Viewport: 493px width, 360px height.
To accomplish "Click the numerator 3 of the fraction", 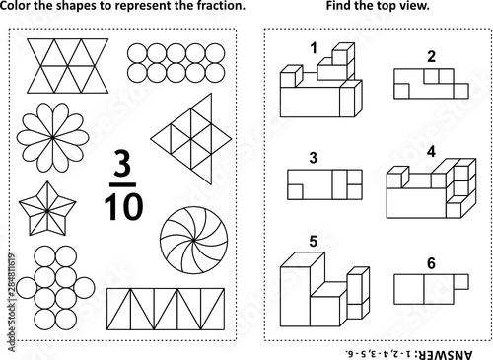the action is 122,163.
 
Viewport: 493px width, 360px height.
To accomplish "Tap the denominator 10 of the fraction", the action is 123,207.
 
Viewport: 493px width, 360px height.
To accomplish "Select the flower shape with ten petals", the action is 52,137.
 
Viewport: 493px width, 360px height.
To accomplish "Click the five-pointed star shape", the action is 47,209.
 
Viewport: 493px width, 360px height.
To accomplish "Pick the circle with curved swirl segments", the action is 193,240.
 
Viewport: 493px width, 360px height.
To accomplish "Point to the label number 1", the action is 314,48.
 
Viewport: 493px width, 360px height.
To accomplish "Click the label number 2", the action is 431,56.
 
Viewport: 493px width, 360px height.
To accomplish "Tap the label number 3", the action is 314,158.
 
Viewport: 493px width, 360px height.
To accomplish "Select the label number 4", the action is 431,152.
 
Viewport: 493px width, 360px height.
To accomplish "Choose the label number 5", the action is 313,242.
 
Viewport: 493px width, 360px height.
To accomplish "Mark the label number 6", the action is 431,263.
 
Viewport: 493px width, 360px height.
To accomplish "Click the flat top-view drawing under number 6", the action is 431,289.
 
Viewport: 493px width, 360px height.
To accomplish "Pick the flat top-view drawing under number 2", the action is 431,84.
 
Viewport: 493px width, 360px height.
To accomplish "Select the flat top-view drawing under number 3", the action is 324,184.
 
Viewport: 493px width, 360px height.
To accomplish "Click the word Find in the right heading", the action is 338,6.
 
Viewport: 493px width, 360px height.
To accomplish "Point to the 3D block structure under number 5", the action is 324,289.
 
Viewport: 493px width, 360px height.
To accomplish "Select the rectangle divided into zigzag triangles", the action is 166,309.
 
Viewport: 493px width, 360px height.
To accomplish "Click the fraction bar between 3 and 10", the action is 123,184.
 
